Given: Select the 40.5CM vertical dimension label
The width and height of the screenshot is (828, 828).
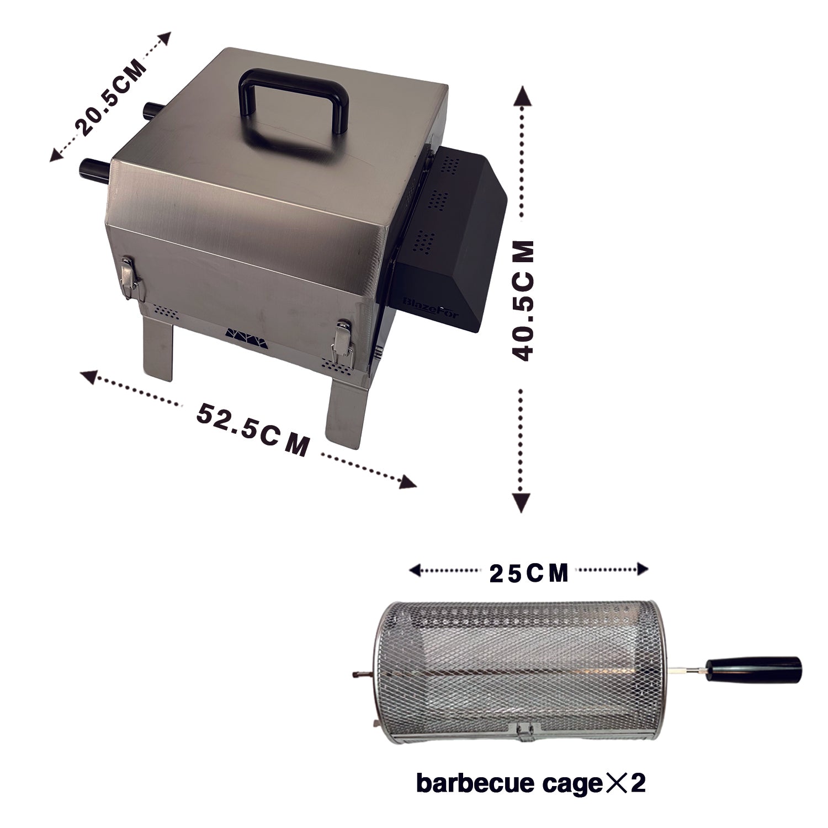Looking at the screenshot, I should (x=522, y=301).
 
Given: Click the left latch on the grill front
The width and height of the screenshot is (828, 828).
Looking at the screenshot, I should (x=130, y=279).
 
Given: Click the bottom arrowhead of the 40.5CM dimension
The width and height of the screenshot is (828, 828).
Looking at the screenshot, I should (x=522, y=502).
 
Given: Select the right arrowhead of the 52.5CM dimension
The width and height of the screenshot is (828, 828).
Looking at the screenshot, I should (x=407, y=482).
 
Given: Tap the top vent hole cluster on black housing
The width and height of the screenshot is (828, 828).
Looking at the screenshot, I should (x=451, y=164).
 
